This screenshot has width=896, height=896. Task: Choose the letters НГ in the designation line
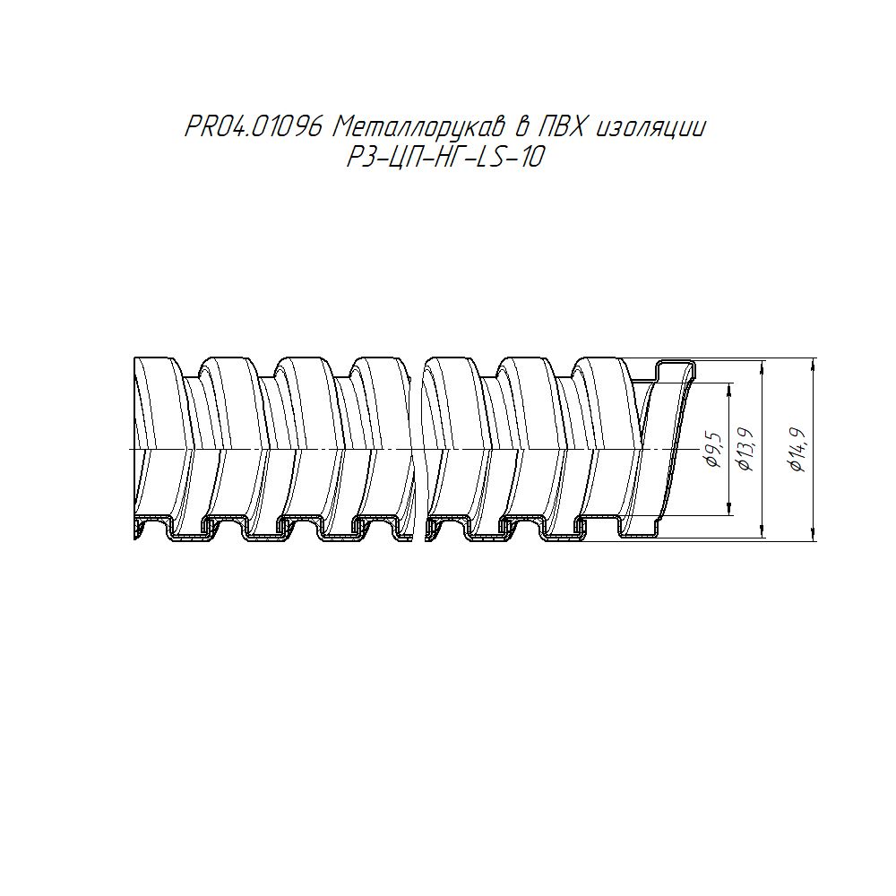point(444,157)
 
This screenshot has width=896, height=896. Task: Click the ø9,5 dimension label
point(714,451)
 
